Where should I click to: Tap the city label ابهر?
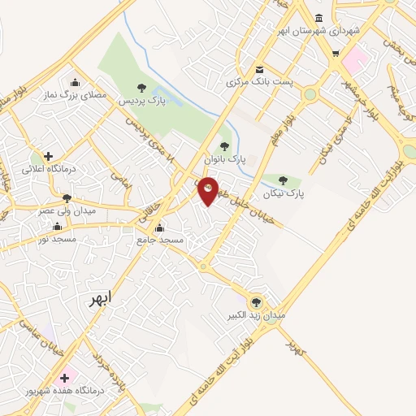pos(104,299)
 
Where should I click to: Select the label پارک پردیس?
pos(142,102)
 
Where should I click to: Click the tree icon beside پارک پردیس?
pos(142,88)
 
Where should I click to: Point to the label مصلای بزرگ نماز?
pos(76,95)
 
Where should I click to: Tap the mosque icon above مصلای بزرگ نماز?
pos(76,81)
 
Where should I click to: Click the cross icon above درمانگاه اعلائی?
pos(48,156)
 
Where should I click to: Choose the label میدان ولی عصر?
pos(67,210)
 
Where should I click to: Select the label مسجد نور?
pos(58,239)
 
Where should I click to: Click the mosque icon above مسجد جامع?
pos(160,227)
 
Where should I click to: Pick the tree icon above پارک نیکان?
pos(283,181)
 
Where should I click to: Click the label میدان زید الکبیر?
pos(260,314)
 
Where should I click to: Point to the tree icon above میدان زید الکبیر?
pos(259,301)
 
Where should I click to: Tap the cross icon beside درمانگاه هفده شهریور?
pos(64,377)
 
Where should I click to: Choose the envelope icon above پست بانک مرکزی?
pos(259,69)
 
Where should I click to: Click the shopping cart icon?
pos(336,54)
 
